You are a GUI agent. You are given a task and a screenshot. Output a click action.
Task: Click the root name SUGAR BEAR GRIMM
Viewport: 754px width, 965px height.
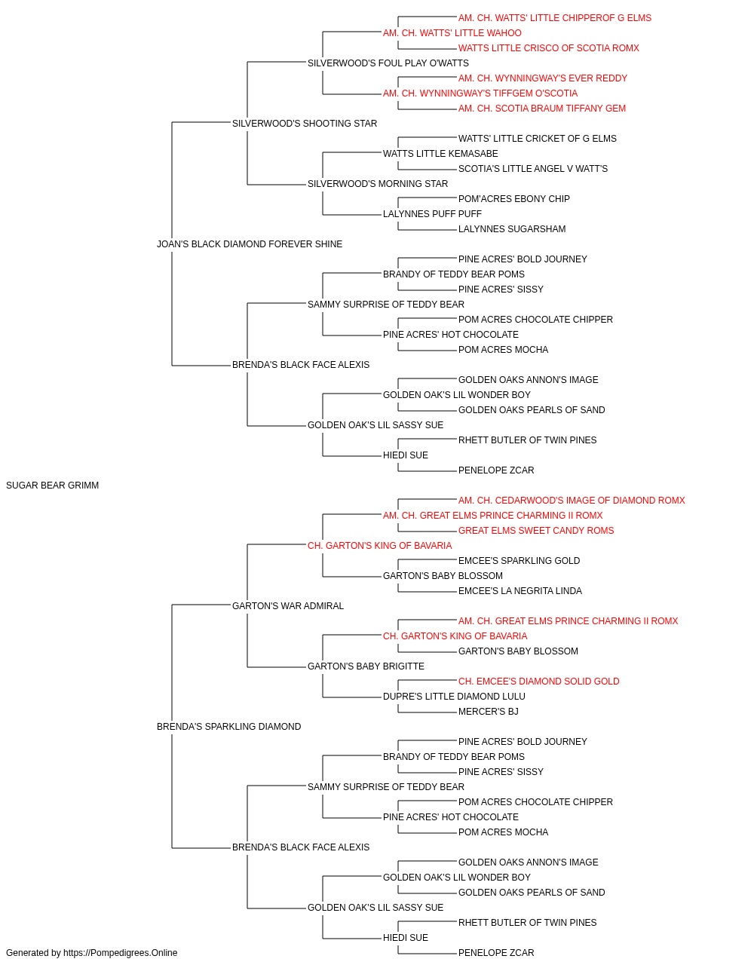coord(52,486)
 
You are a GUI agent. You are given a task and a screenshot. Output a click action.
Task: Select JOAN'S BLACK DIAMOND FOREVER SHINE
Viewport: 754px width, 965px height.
coord(250,244)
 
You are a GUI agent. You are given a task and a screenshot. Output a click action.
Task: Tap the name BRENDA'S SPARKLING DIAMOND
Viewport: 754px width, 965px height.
coord(228,727)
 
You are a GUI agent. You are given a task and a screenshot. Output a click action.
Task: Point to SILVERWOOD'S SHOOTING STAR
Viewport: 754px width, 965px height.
coord(305,124)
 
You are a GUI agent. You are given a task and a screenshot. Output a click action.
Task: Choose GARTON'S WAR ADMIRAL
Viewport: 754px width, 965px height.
coord(288,605)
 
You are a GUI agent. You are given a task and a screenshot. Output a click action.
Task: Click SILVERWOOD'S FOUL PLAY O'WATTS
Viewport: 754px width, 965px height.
coord(388,63)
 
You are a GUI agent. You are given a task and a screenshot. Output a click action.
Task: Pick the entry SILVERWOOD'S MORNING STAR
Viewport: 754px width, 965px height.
coord(378,184)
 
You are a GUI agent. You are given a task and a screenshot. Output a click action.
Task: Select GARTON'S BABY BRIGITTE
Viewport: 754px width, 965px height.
coord(366,666)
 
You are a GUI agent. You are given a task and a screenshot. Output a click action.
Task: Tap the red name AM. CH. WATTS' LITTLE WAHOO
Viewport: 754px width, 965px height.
coord(452,33)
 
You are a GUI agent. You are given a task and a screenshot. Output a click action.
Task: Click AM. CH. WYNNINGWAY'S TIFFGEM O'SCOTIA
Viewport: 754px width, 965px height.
coord(480,93)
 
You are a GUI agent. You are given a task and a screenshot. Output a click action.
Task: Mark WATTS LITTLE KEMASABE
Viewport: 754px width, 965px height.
coord(440,154)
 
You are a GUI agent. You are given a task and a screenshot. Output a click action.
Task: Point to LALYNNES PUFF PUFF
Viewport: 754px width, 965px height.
coord(432,214)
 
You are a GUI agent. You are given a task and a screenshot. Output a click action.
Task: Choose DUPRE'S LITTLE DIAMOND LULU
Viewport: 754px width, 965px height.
coord(454,697)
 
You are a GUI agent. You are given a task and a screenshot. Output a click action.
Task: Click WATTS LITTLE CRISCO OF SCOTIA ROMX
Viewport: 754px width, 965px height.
coord(548,48)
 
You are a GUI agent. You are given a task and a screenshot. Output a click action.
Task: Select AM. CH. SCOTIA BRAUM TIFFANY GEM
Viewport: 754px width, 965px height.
coord(541,109)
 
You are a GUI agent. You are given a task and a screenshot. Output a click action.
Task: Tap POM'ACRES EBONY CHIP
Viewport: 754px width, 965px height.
coord(513,199)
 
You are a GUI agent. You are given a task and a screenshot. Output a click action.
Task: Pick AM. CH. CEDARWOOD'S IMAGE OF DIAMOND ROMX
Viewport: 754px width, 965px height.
coord(572,501)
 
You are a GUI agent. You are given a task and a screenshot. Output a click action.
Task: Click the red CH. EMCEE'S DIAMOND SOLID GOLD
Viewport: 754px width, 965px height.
coord(538,682)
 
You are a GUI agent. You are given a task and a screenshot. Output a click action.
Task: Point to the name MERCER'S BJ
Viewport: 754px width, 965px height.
coord(488,712)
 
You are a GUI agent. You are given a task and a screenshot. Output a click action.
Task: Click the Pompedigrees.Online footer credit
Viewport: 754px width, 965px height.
coord(91,953)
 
